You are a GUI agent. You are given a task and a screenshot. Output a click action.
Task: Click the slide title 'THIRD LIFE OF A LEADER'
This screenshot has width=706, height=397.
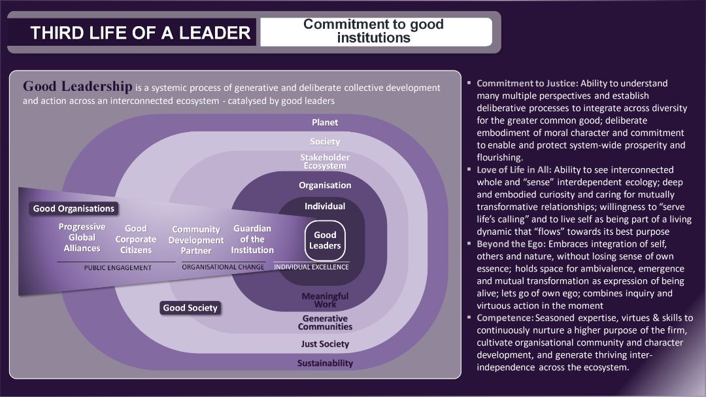(x=140, y=33)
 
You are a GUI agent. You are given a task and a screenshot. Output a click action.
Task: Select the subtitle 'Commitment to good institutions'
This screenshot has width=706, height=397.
(x=373, y=31)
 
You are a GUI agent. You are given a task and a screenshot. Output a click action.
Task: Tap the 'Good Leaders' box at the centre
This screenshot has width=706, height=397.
(x=325, y=240)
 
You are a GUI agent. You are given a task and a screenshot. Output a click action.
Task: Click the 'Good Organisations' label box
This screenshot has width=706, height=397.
(x=74, y=209)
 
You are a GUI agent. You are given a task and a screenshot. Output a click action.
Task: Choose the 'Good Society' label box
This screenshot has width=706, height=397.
(x=190, y=307)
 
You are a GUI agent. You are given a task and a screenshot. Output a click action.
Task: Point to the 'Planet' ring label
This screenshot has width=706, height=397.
(x=325, y=122)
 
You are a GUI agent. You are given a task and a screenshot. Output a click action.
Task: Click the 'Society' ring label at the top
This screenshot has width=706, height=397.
(x=325, y=141)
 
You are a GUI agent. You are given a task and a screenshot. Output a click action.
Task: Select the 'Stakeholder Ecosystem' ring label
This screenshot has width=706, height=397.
(x=325, y=162)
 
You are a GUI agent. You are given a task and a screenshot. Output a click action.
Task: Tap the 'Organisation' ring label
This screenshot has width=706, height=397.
(x=325, y=185)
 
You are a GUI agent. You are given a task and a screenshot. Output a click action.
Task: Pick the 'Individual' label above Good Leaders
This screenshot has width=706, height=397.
(x=325, y=206)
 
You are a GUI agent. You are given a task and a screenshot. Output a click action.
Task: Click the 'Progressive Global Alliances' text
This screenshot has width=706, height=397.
(x=82, y=237)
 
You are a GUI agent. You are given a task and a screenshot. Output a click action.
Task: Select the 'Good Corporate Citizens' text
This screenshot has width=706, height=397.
(x=136, y=239)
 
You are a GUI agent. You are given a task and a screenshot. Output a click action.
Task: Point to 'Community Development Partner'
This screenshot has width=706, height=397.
(x=196, y=240)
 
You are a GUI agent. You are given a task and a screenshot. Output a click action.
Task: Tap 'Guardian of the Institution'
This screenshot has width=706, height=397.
(x=252, y=239)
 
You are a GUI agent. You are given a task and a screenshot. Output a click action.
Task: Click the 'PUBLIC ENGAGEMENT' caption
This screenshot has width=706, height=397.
(x=118, y=268)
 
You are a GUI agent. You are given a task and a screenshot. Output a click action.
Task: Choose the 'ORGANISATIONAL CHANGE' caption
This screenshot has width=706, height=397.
(x=223, y=267)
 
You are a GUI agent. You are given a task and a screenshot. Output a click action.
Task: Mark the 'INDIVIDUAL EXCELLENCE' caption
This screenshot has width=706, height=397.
(x=311, y=267)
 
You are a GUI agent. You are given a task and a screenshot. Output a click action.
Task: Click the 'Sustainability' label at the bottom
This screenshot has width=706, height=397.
(x=325, y=363)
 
